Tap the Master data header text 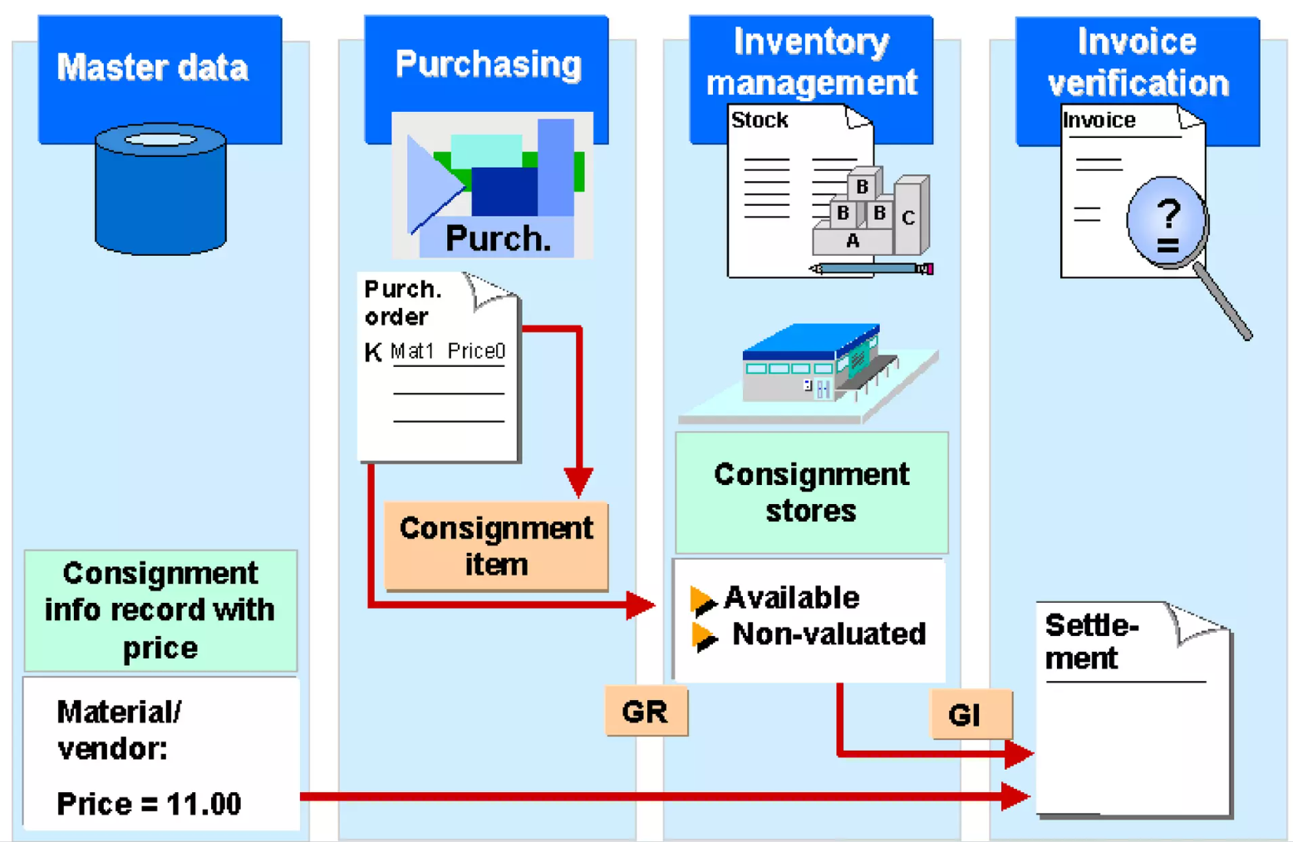[x=152, y=67]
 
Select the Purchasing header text [x=488, y=64]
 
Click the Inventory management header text [x=811, y=62]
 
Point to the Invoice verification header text [x=1137, y=62]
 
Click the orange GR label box [x=646, y=712]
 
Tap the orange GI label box [x=969, y=714]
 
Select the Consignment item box [x=496, y=546]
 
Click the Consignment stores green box [x=811, y=492]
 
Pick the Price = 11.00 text [x=149, y=804]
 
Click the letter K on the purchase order [x=373, y=353]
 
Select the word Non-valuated [x=828, y=634]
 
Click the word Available [x=791, y=598]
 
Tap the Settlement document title [x=1091, y=642]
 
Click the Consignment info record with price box [x=160, y=610]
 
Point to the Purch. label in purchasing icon [x=498, y=239]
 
